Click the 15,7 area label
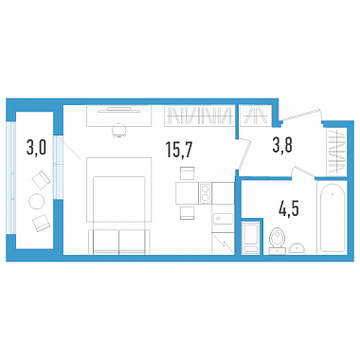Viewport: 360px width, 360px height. (x=178, y=150)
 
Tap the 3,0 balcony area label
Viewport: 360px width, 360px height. (x=37, y=148)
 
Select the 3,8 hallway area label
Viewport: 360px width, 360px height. (x=282, y=146)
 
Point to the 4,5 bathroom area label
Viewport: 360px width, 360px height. (x=289, y=208)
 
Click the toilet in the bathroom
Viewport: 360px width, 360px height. (x=278, y=241)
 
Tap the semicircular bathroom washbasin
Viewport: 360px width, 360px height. (x=297, y=248)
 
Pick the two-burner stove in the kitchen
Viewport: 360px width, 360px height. (x=205, y=193)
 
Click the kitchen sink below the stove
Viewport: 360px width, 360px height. (x=224, y=219)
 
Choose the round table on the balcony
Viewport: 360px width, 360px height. (x=37, y=201)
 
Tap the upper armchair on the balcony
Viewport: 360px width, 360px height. (x=42, y=180)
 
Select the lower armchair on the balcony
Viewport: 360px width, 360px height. (x=41, y=223)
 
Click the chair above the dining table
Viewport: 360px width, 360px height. (x=187, y=173)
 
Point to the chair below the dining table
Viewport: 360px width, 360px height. (x=187, y=212)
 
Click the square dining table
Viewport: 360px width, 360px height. (x=187, y=193)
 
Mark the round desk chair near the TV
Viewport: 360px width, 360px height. (x=119, y=130)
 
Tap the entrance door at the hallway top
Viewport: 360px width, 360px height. (x=300, y=115)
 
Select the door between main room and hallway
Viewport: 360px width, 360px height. (x=244, y=154)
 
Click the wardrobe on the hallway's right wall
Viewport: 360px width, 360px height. (x=336, y=152)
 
